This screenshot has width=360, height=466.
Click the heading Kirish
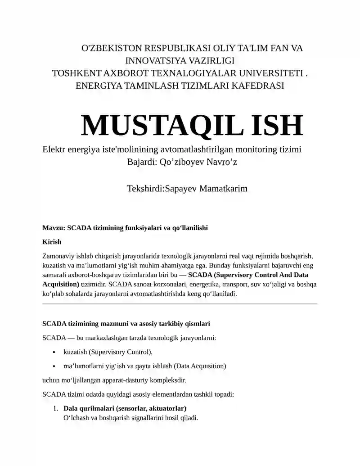[x=52, y=242]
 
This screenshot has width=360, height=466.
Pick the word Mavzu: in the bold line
[x=54, y=228]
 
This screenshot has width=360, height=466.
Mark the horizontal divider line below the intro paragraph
[x=180, y=304]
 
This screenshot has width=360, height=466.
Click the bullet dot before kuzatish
[x=54, y=352]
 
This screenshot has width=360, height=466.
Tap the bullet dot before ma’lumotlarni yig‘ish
[x=54, y=366]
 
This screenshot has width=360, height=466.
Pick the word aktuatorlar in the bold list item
[x=167, y=408]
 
